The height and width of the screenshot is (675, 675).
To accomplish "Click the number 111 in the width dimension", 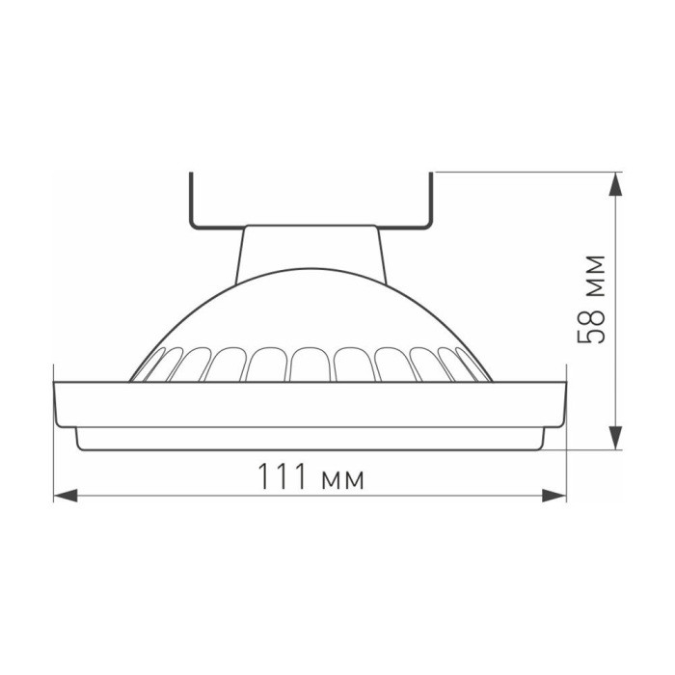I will (x=278, y=476).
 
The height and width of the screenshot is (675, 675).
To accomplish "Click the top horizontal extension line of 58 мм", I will (x=521, y=173).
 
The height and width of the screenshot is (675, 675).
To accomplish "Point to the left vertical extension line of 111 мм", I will (x=53, y=453).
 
